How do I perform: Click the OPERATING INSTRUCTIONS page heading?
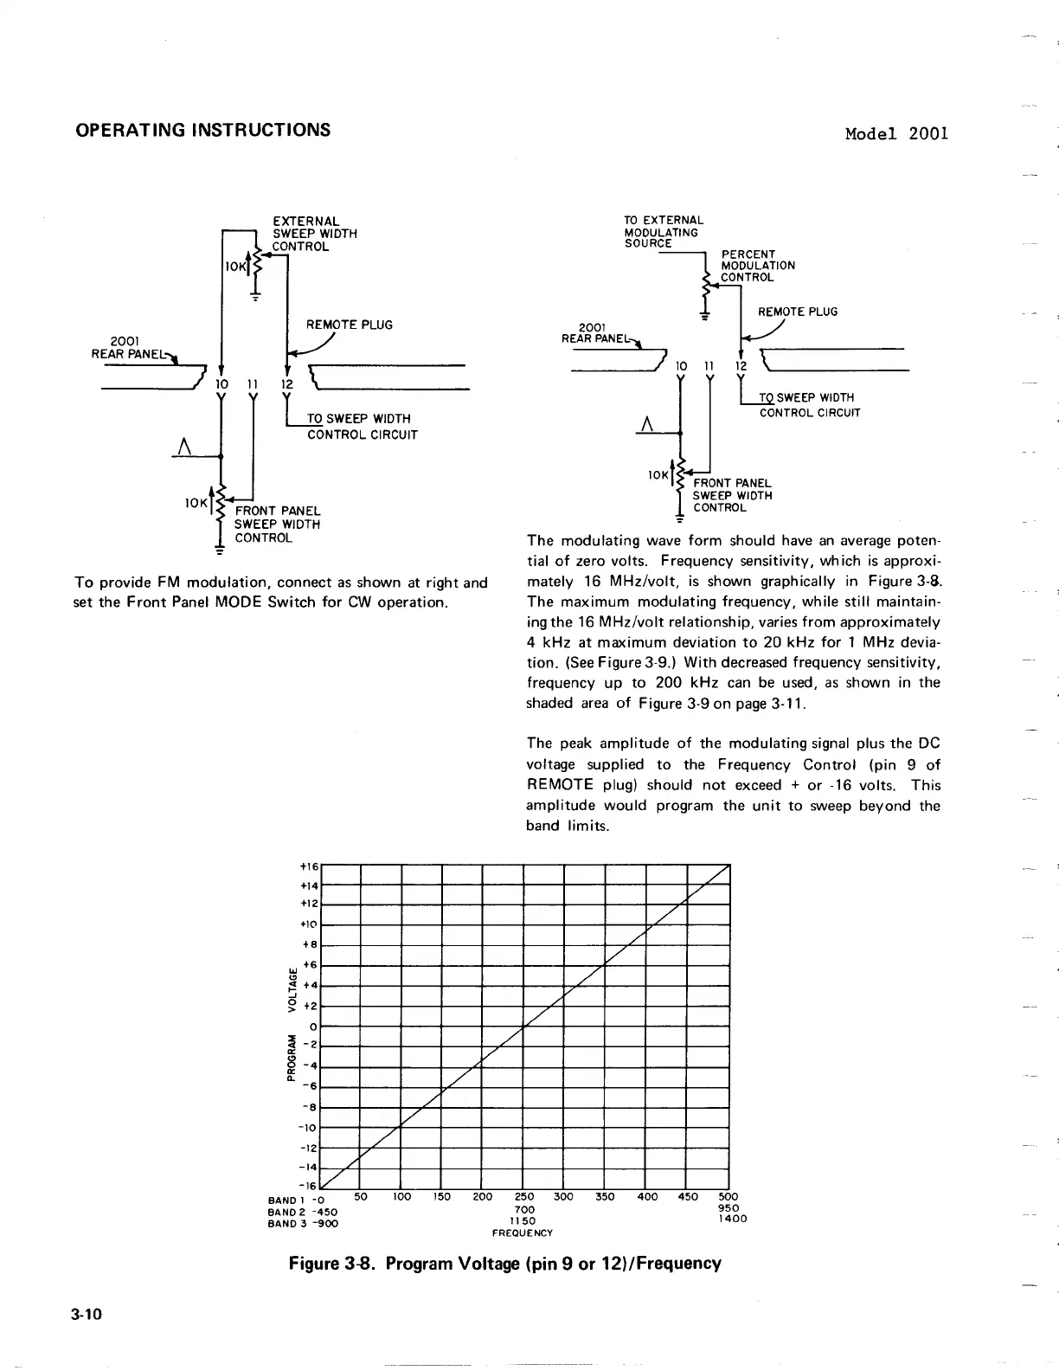[202, 130]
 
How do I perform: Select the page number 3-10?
[88, 1314]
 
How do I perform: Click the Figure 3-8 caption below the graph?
[504, 1263]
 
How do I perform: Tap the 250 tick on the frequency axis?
[524, 1198]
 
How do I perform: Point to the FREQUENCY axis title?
[522, 1233]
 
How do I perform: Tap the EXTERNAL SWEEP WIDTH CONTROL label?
[315, 234]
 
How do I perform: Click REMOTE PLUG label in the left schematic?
[349, 325]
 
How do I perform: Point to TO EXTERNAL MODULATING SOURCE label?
[664, 232]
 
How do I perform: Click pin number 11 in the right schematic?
[709, 367]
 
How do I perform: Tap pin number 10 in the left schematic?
[221, 383]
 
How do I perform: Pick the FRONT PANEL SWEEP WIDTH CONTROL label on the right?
[732, 495]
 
